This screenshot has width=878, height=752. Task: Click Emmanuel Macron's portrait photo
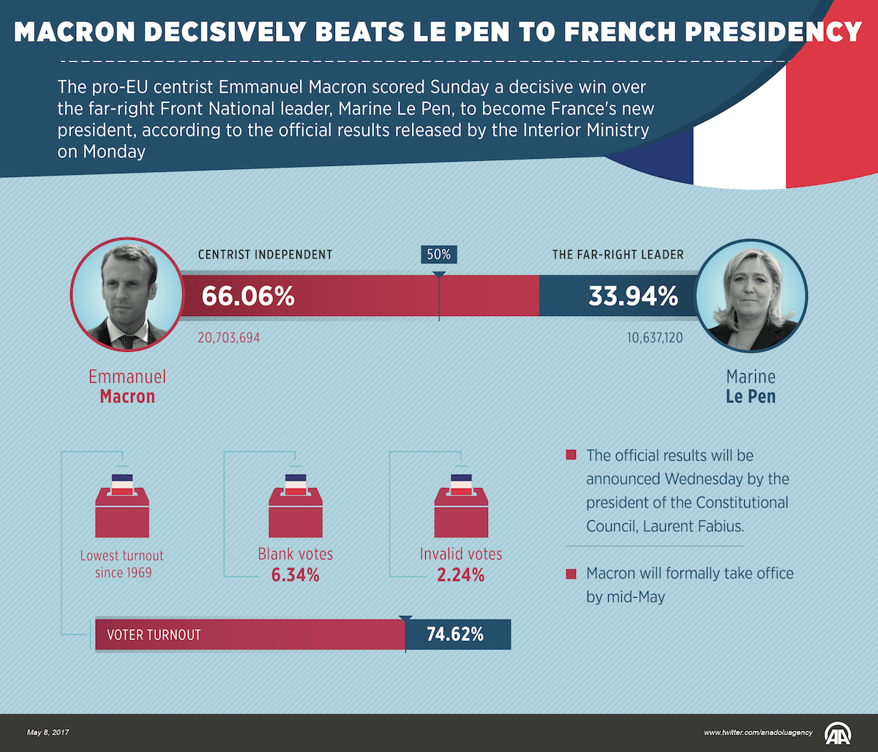point(125,294)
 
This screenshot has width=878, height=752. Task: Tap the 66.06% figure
point(248,296)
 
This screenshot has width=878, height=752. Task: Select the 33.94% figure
point(634,296)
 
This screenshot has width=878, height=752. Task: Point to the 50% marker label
point(439,255)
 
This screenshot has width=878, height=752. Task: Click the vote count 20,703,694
point(229,339)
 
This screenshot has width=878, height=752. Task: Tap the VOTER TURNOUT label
point(154,635)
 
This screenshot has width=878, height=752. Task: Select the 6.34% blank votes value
point(296,575)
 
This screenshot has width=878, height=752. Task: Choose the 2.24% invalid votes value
point(461,575)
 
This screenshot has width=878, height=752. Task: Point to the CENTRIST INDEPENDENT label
point(265,255)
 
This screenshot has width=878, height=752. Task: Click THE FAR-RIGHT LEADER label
point(618,255)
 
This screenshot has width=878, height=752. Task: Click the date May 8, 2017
point(48,732)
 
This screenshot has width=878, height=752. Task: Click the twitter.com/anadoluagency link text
point(758,732)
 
